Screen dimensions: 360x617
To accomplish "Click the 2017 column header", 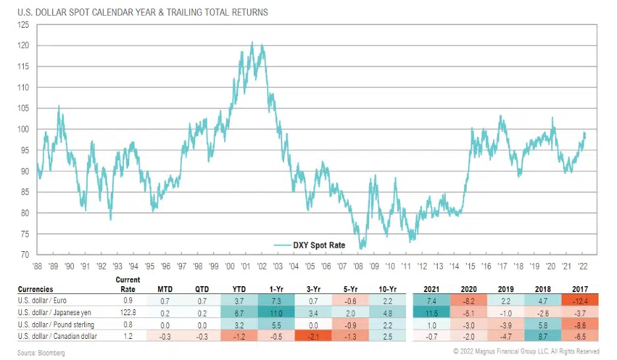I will point(580,289).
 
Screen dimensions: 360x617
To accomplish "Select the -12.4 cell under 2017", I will point(580,300).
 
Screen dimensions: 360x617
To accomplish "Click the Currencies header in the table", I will point(36,289).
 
